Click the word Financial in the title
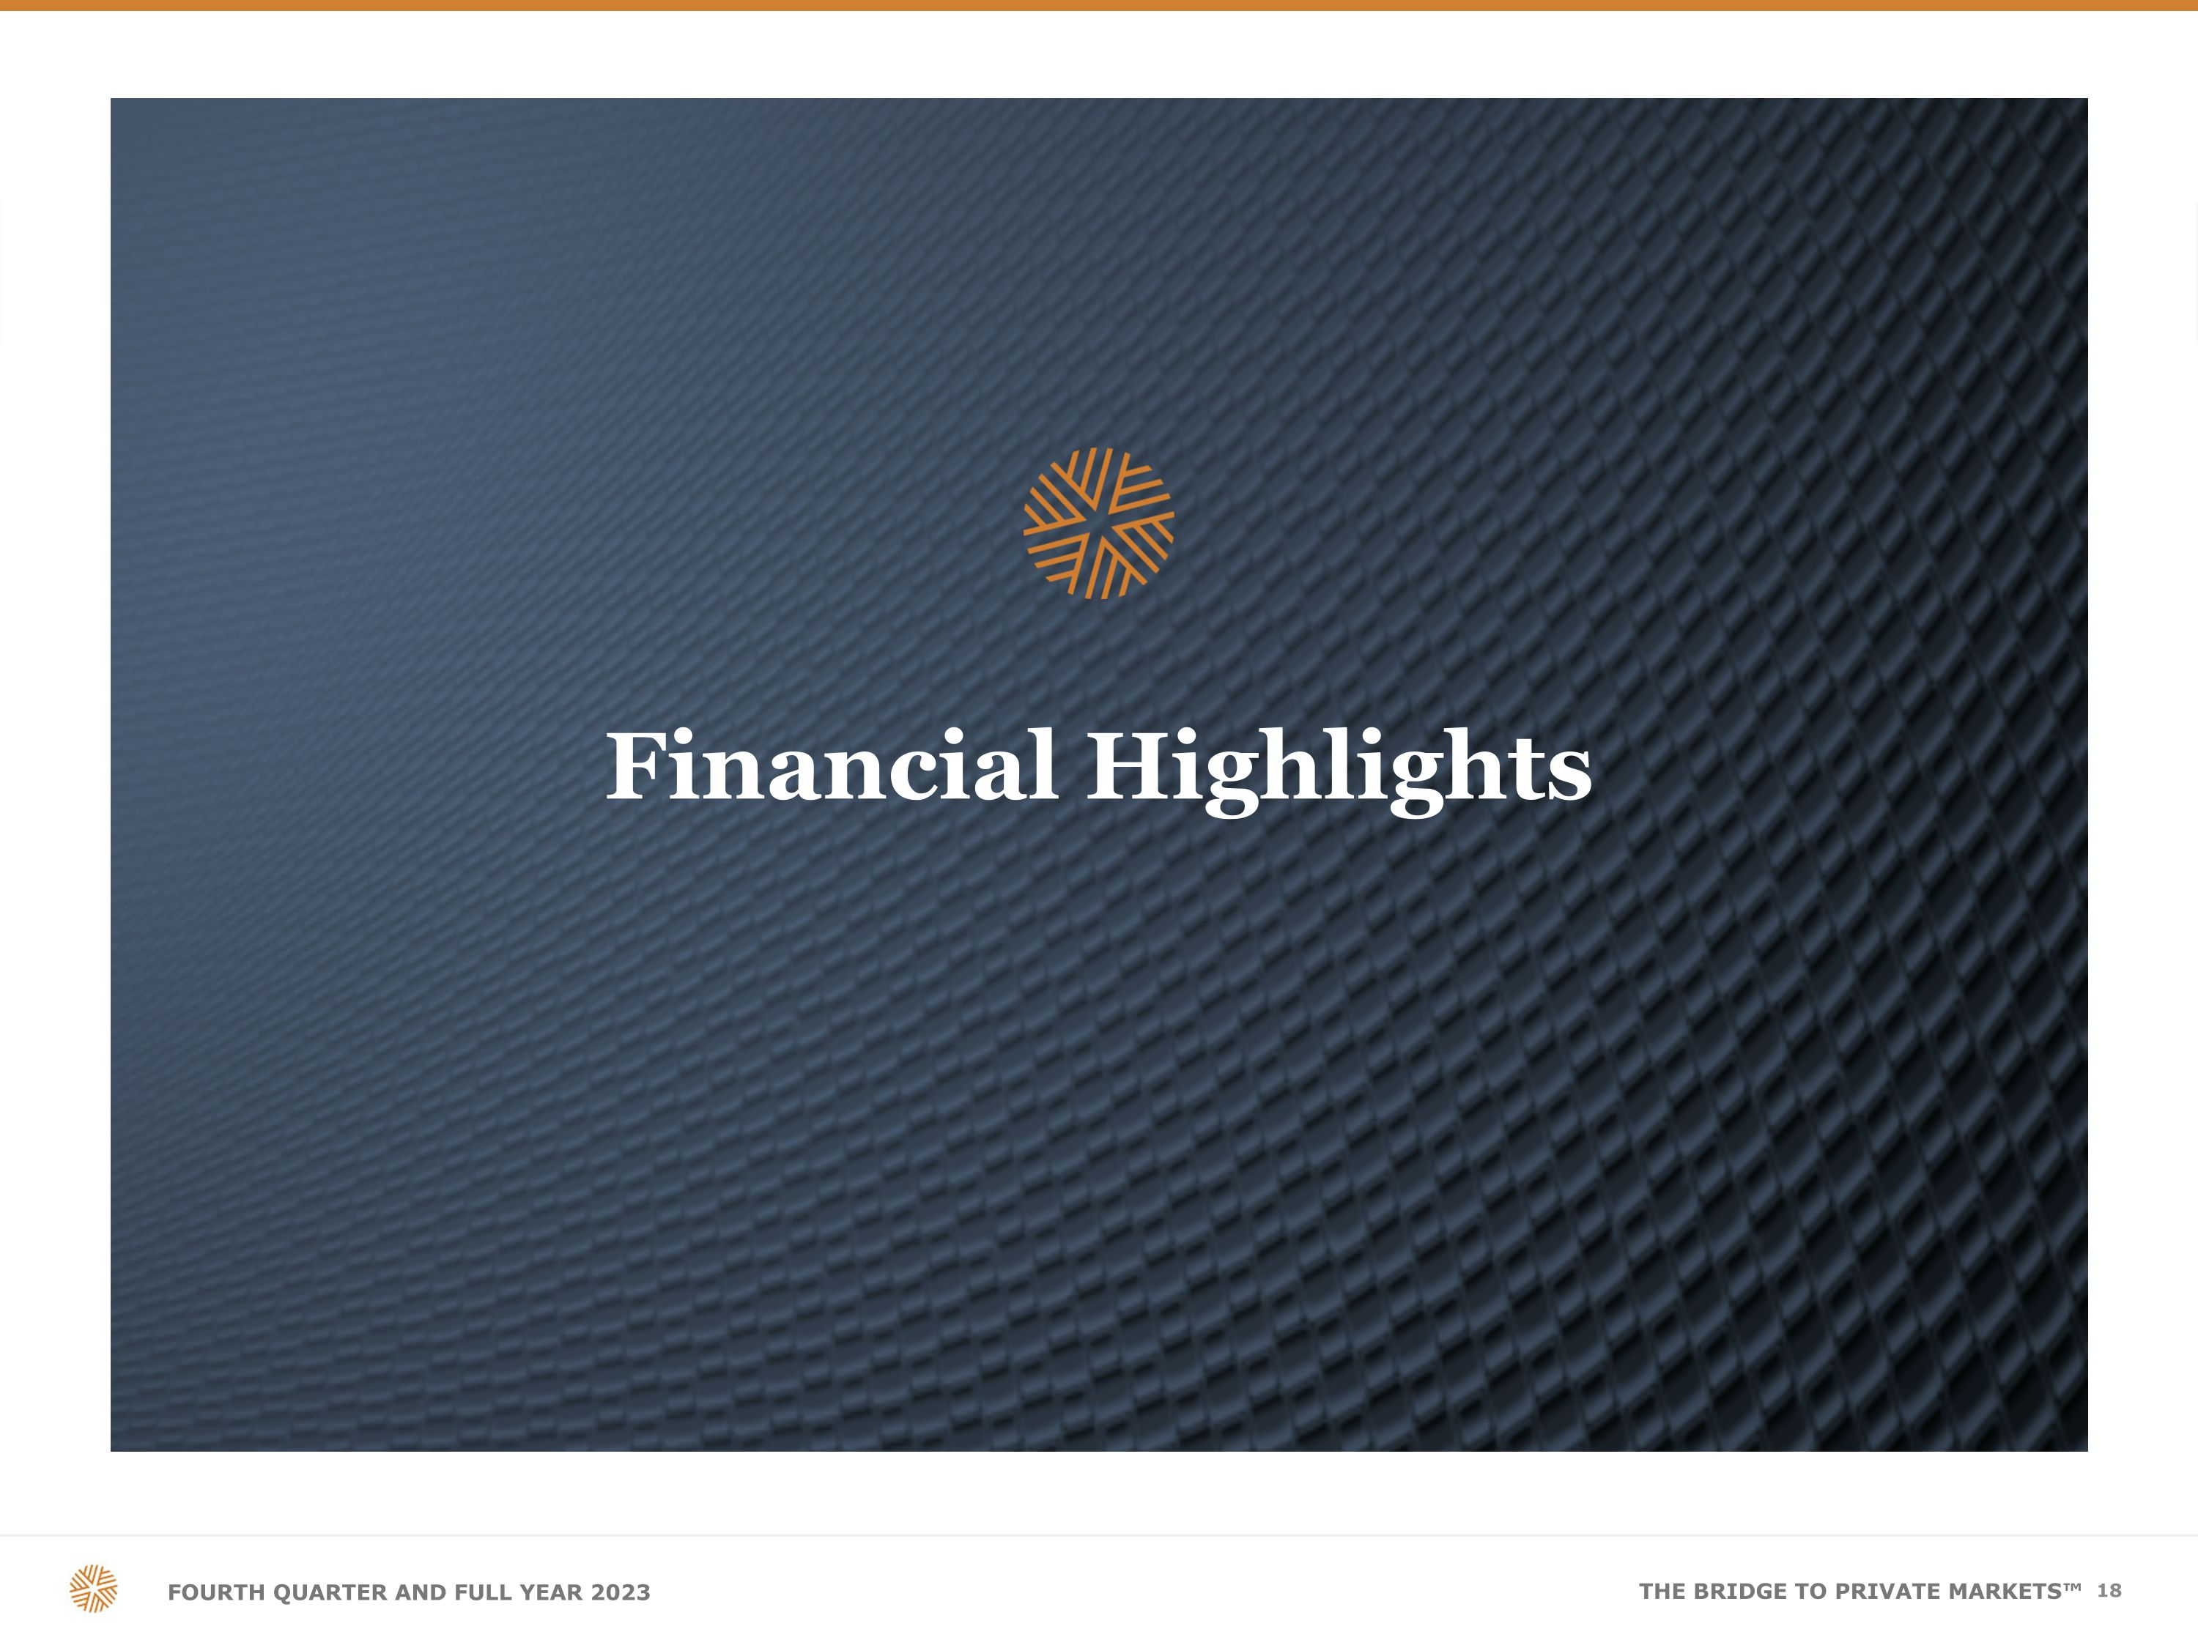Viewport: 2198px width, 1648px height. click(x=832, y=766)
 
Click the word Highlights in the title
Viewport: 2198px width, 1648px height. click(x=1339, y=773)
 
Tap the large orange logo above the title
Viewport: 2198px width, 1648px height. click(x=1099, y=524)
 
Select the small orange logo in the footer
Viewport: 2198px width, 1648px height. click(x=93, y=1589)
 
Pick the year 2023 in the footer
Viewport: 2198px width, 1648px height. click(x=620, y=1592)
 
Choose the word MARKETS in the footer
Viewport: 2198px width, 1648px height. click(x=2005, y=1592)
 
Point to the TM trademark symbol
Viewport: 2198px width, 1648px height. click(x=2073, y=1586)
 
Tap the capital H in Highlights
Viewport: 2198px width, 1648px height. click(x=1126, y=766)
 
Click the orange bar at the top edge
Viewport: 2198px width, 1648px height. click(x=1099, y=5)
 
